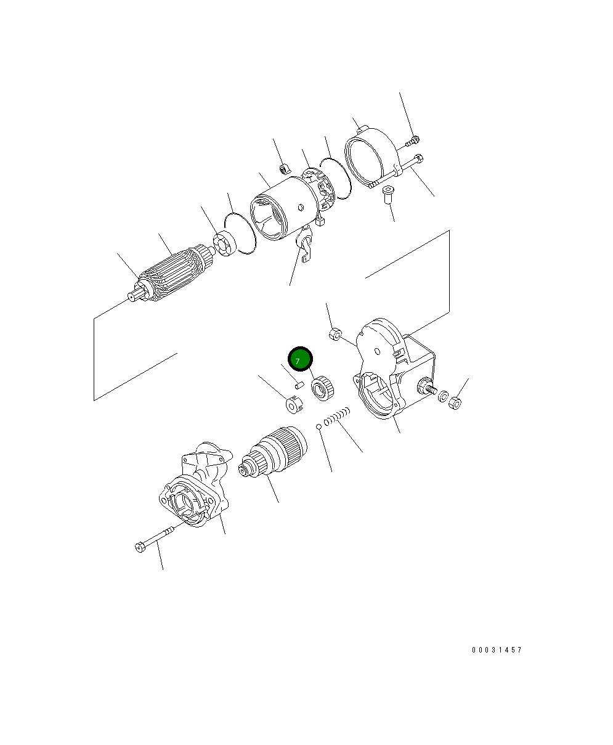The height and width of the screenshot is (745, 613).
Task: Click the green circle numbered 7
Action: (300, 359)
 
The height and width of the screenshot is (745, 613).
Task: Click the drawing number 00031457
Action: (497, 650)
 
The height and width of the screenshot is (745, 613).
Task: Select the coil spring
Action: (337, 417)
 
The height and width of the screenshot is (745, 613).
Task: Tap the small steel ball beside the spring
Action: (319, 426)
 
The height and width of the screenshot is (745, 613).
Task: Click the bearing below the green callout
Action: (323, 389)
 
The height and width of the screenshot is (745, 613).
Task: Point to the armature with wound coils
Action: (173, 274)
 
